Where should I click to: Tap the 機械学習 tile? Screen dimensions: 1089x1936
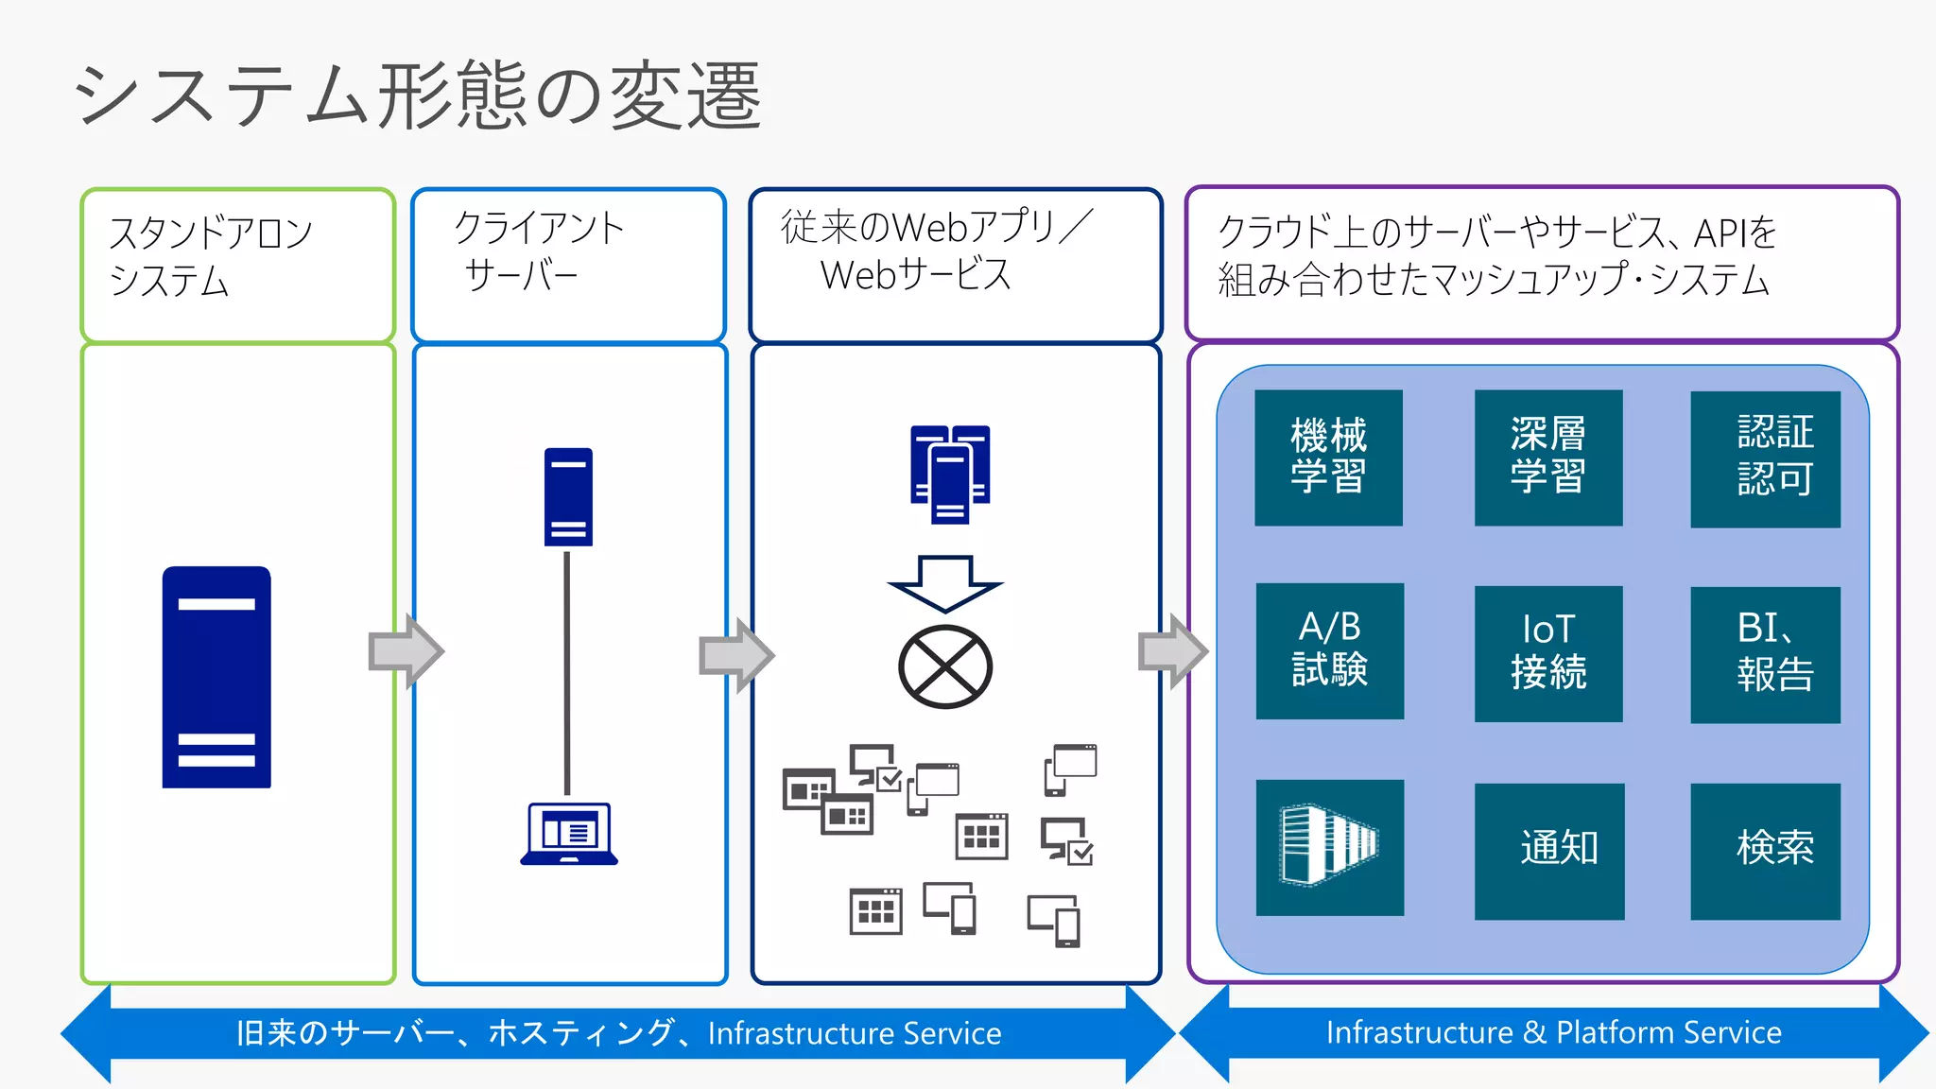1328,458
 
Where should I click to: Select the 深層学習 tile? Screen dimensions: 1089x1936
1547,458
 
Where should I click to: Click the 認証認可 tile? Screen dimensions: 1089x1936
1765,458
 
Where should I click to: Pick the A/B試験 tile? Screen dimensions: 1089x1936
1329,651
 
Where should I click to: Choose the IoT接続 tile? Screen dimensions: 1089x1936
1547,653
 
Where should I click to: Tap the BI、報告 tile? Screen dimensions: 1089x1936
1765,654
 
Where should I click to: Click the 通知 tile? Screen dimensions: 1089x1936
1548,850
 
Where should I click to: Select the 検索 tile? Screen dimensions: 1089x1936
1765,850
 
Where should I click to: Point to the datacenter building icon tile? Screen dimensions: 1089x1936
1329,847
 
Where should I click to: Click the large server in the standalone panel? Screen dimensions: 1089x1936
216,677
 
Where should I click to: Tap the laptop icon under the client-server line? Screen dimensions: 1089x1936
569,834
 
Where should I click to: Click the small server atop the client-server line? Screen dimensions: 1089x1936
568,496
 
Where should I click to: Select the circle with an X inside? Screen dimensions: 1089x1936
944,666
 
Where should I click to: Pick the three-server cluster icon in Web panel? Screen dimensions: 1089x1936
950,474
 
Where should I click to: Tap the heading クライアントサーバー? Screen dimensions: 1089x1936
539,251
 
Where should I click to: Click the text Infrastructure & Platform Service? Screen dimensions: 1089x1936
1553,1032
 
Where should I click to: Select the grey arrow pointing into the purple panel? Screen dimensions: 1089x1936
1172,651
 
